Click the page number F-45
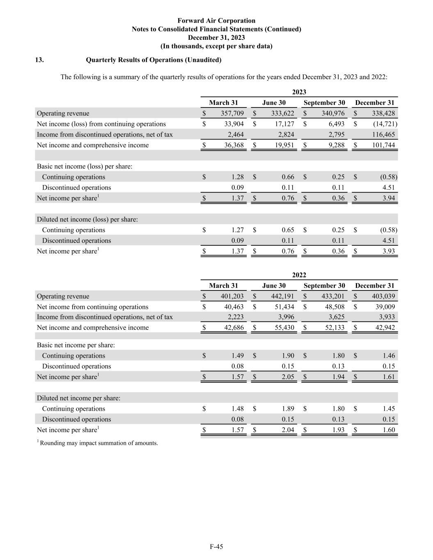(x=216, y=546)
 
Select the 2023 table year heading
(x=299, y=92)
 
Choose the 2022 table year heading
(x=299, y=275)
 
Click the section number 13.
(x=39, y=60)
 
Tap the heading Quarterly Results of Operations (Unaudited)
(x=153, y=60)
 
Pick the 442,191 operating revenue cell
(x=283, y=296)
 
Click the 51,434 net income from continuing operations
(x=284, y=307)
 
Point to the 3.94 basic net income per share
(x=388, y=198)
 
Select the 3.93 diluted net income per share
(x=388, y=251)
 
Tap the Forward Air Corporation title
(x=216, y=21)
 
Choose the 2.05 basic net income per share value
(x=288, y=377)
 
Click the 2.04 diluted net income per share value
(x=288, y=430)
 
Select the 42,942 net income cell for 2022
(x=385, y=327)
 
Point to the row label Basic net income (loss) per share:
(x=85, y=166)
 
